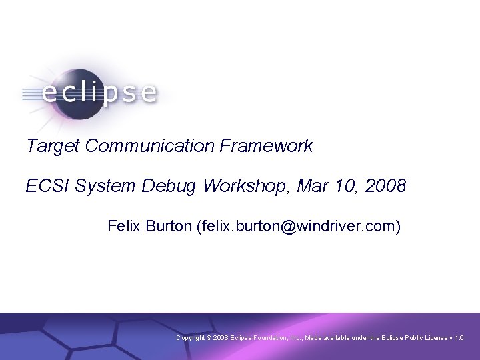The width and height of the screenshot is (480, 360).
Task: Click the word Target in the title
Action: [53, 146]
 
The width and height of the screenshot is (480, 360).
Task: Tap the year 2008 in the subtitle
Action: [385, 186]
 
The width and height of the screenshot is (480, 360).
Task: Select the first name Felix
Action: [125, 227]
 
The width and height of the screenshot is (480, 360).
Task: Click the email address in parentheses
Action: [299, 227]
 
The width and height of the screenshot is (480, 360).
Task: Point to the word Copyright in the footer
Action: [190, 338]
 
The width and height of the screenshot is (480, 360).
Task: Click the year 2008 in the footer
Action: [221, 338]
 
